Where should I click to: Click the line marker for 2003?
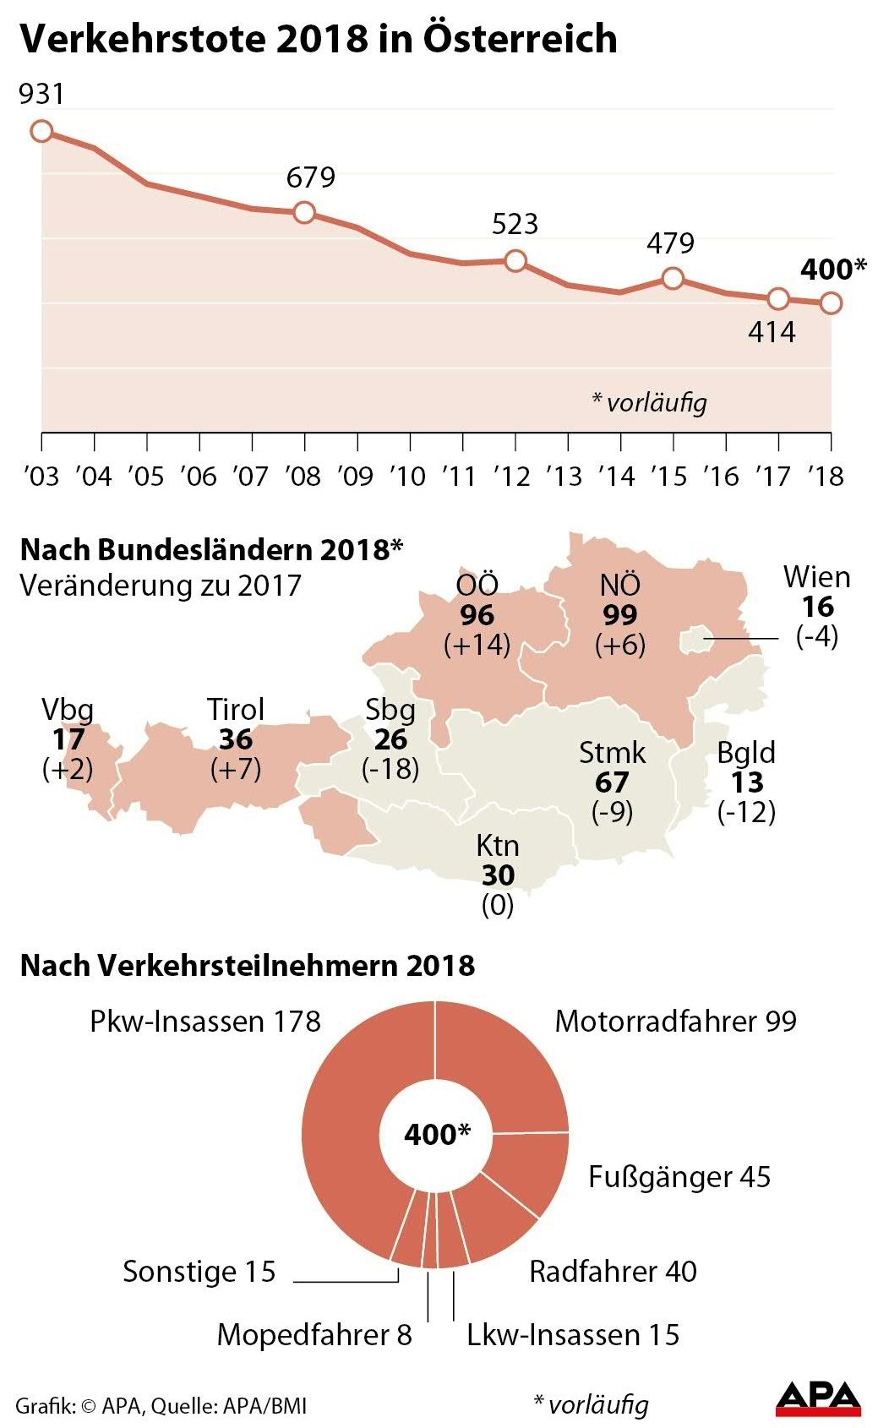coord(41,131)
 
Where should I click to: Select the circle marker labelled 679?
coord(304,212)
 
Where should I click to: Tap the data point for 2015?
coord(673,277)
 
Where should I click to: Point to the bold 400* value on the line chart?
coord(833,270)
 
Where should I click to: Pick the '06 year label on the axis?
coord(199,477)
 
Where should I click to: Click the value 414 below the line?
coord(772,332)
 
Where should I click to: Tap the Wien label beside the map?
coord(816,577)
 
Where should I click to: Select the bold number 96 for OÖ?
coord(477,615)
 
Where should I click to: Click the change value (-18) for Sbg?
coord(390,769)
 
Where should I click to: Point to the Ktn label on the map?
coord(497,845)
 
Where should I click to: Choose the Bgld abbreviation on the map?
coord(746,752)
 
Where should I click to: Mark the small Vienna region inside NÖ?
coord(695,640)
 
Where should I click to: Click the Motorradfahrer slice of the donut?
coord(507,1069)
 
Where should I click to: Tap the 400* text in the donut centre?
coord(436,1134)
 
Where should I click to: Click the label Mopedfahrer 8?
coord(314,1335)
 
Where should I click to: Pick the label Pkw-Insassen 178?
coord(205,1022)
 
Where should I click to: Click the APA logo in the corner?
coord(817,1398)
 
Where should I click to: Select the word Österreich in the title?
coord(520,39)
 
